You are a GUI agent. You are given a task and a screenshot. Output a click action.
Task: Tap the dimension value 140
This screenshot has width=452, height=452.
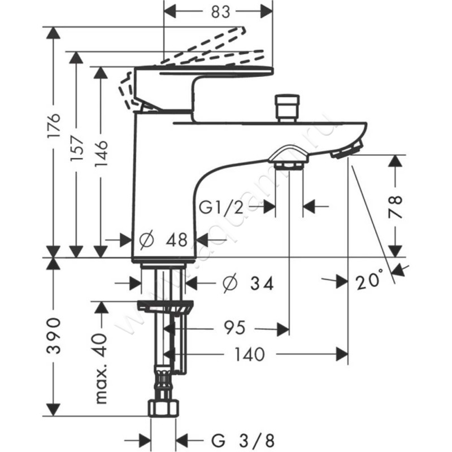pyautogui.click(x=248, y=354)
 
